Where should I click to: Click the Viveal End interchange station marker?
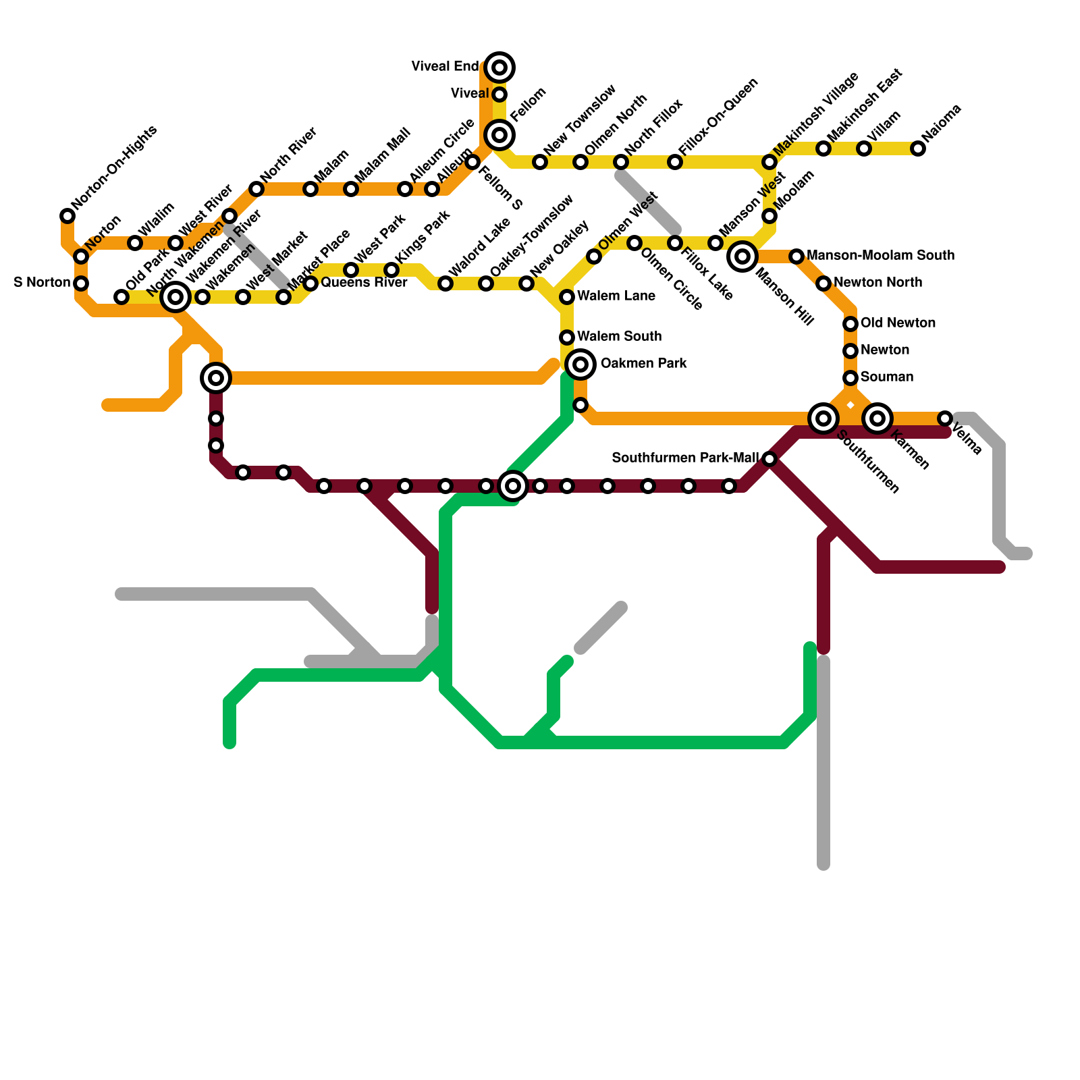(x=500, y=67)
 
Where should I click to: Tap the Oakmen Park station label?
(x=643, y=364)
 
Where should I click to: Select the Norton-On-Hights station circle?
(x=67, y=216)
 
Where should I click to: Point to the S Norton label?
(x=42, y=283)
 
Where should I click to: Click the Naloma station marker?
(x=918, y=148)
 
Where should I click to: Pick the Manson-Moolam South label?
(x=880, y=256)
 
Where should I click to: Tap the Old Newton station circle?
(x=850, y=324)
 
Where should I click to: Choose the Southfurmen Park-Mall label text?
(x=685, y=458)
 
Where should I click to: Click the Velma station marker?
(x=945, y=418)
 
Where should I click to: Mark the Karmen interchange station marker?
(x=878, y=418)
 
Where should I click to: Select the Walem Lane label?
(x=616, y=296)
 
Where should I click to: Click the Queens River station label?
(x=364, y=283)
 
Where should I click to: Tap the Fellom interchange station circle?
(x=500, y=135)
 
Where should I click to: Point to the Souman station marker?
(x=850, y=378)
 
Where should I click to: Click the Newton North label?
(x=878, y=283)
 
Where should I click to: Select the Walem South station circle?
(x=567, y=337)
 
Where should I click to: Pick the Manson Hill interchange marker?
(x=742, y=256)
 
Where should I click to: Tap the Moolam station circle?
(x=769, y=216)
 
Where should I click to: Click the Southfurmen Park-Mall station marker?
(x=769, y=459)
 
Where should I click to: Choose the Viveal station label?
(x=470, y=94)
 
